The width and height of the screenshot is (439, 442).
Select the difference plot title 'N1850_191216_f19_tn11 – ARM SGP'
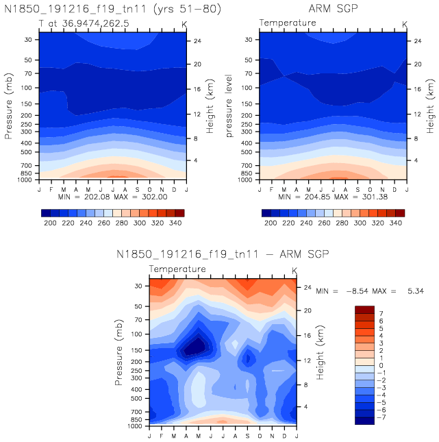224,255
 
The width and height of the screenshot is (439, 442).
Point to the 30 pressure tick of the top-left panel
29,40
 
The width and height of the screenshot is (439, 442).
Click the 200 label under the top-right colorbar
271,223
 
